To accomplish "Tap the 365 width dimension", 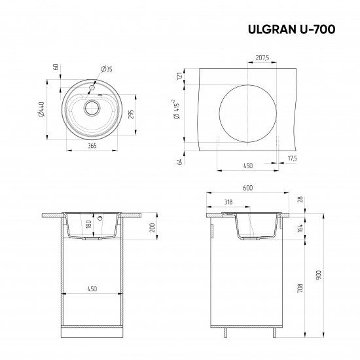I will [92, 145].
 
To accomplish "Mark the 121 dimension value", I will [178, 77].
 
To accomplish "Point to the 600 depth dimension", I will [247, 188].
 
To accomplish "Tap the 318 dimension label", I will [227, 202].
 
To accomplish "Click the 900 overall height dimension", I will [319, 276].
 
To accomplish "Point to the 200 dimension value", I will [152, 227].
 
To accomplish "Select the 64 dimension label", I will [178, 162].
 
